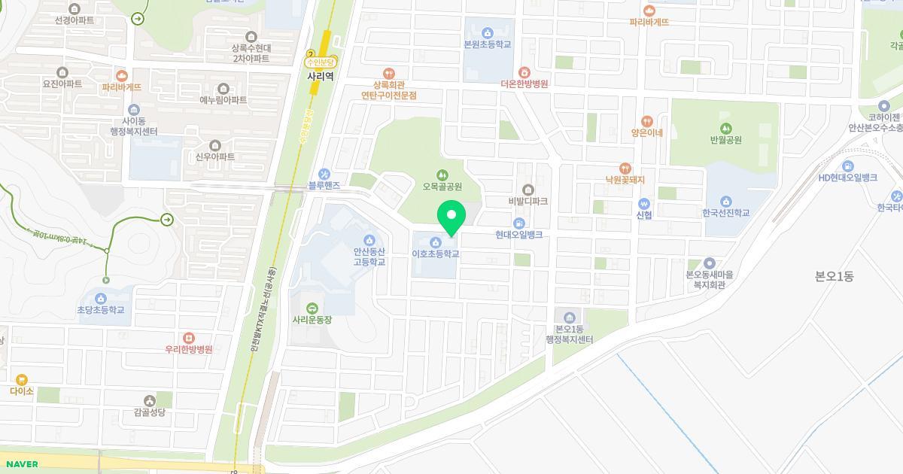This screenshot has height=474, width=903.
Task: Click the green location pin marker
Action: (451, 217)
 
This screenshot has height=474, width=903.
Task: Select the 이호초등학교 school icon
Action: (435, 242)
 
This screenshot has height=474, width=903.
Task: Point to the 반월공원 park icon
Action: (725, 128)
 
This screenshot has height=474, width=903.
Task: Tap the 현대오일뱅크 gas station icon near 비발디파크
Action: (518, 223)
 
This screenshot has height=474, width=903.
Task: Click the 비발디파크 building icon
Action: (528, 190)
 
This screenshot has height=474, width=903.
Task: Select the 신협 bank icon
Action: (643, 204)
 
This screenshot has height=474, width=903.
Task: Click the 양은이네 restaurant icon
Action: (646, 121)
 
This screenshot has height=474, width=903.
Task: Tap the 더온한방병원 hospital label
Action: (524, 84)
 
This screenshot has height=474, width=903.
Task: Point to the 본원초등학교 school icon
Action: (488, 32)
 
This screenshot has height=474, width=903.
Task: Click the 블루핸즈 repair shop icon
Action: (324, 174)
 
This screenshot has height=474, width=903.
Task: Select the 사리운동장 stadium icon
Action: (312, 308)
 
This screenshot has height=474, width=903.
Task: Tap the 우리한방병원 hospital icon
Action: (189, 338)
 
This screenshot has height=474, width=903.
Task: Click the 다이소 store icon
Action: (22, 380)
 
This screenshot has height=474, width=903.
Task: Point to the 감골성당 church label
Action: (149, 412)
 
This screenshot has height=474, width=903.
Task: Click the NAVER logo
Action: (20, 464)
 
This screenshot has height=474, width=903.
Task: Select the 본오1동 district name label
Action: (835, 276)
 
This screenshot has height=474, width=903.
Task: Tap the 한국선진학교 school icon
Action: (726, 201)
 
